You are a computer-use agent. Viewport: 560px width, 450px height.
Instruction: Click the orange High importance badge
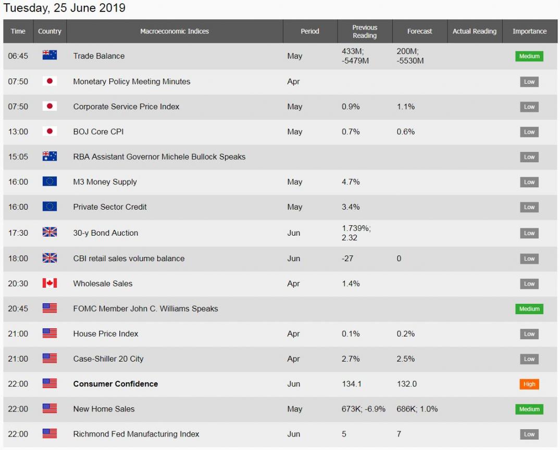tap(529, 384)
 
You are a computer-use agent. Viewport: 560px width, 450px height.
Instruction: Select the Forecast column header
tap(419, 31)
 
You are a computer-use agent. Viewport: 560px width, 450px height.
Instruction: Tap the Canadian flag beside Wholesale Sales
tap(49, 284)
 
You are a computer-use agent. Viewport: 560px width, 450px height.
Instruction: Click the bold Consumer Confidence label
tap(115, 384)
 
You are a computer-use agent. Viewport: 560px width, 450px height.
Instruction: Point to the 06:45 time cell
tap(18, 56)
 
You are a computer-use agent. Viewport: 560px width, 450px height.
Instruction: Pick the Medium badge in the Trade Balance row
tap(529, 56)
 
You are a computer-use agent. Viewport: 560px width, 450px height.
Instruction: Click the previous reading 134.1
tap(352, 384)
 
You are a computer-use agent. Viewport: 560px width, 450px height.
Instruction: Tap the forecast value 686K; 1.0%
tap(417, 409)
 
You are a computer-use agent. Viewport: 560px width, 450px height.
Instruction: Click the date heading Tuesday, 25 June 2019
tap(65, 8)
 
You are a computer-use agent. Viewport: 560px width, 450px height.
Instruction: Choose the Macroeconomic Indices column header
tap(175, 31)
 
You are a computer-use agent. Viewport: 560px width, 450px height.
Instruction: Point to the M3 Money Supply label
tap(105, 182)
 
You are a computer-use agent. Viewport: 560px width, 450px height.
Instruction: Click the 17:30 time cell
tap(18, 233)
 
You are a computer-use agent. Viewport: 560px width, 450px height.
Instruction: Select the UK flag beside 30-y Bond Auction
tap(49, 233)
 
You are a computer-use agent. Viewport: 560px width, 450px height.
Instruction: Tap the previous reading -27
tap(347, 259)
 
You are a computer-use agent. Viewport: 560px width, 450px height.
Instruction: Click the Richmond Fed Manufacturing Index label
tap(136, 434)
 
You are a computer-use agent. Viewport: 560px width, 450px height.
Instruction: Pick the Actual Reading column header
tap(474, 31)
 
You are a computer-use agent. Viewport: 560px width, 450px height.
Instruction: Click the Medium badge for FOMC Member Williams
tap(529, 309)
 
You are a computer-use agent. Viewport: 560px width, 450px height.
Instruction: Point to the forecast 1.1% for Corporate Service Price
tap(406, 107)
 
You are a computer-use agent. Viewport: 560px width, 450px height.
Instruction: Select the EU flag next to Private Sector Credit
tap(49, 207)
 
